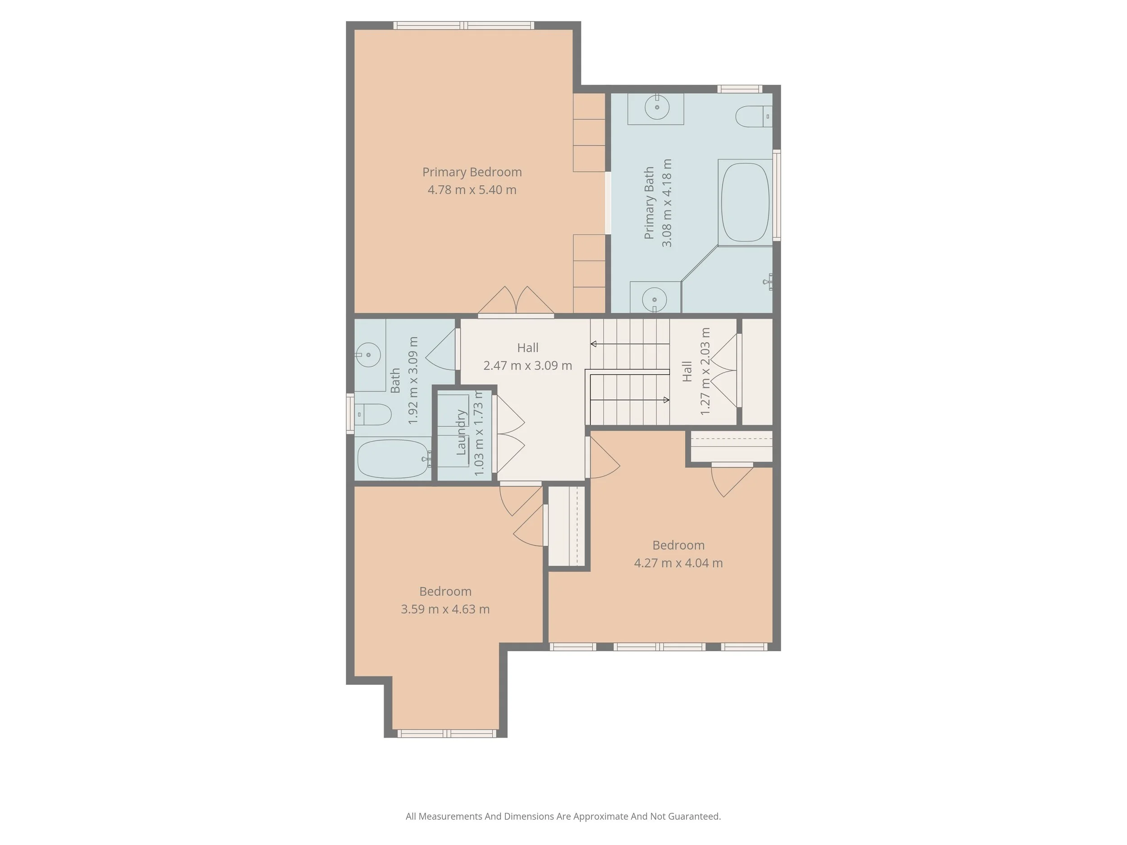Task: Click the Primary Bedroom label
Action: click(472, 172)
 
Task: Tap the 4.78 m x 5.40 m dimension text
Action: click(472, 190)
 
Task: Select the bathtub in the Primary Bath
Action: click(745, 202)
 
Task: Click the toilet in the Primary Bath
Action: click(753, 117)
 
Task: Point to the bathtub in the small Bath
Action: click(393, 458)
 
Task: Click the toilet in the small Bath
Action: click(372, 414)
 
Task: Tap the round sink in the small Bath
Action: click(368, 355)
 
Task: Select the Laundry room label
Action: click(461, 433)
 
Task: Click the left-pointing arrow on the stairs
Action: click(594, 344)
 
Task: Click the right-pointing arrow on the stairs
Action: click(666, 400)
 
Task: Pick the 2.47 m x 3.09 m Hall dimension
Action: click(527, 365)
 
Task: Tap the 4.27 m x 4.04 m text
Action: click(678, 563)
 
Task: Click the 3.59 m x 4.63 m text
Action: click(445, 609)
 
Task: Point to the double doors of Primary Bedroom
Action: click(516, 302)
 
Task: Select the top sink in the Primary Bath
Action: click(657, 107)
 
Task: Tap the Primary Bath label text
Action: click(649, 203)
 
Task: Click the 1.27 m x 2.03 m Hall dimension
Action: click(705, 371)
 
